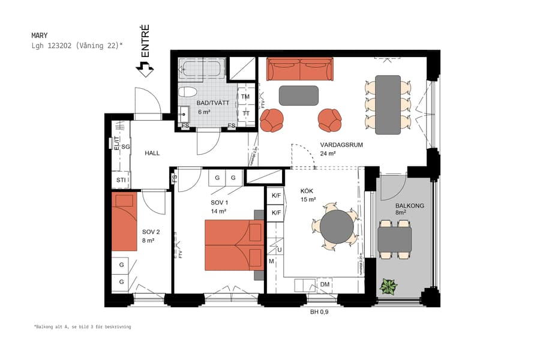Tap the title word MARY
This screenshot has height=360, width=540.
[40, 35]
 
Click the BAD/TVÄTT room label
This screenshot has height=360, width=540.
[213, 103]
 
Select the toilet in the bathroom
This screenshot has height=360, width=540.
[188, 92]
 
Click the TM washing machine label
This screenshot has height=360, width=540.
[245, 97]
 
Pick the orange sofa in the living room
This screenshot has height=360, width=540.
[299, 70]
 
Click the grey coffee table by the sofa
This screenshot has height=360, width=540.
[298, 95]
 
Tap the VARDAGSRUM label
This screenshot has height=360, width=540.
[341, 145]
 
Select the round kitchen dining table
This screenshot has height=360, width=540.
[337, 225]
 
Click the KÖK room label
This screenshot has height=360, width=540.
[308, 192]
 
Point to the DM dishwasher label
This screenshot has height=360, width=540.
[325, 284]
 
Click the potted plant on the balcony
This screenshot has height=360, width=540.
[388, 287]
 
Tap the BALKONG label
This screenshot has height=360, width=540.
[410, 206]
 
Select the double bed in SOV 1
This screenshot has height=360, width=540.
[235, 244]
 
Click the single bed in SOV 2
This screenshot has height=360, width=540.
[125, 221]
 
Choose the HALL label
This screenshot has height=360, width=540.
[152, 154]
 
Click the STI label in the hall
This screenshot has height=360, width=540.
[121, 180]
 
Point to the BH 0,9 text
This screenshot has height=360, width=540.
[319, 311]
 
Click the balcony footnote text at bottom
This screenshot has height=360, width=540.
[82, 327]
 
